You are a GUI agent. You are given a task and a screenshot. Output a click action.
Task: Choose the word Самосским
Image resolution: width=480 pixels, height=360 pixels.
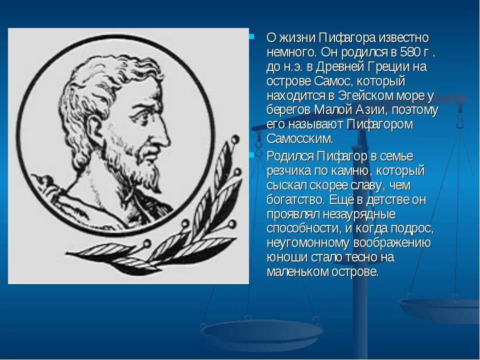[299, 138]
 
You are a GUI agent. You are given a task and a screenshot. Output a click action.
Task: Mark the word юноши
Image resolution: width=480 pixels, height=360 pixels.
[283, 257]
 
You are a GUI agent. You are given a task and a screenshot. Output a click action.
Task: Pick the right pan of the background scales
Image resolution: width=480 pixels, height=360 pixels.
[440, 307]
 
